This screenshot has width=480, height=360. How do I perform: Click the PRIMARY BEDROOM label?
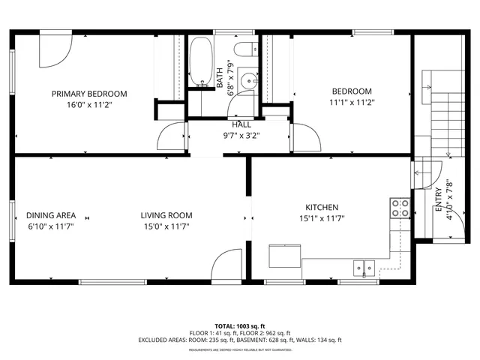(88, 94)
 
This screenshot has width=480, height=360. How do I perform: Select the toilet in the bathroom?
(243, 50)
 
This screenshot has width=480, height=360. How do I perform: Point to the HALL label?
(241, 124)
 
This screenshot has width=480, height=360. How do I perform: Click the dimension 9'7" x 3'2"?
(241, 136)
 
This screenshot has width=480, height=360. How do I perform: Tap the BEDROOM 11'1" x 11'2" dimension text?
(352, 103)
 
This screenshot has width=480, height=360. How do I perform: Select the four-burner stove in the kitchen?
(400, 207)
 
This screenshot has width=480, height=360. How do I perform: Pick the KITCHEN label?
(321, 207)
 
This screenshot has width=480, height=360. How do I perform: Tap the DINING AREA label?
(51, 215)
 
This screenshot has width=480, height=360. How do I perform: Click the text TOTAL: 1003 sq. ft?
(239, 325)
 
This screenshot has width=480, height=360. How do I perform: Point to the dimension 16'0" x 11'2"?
(88, 105)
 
